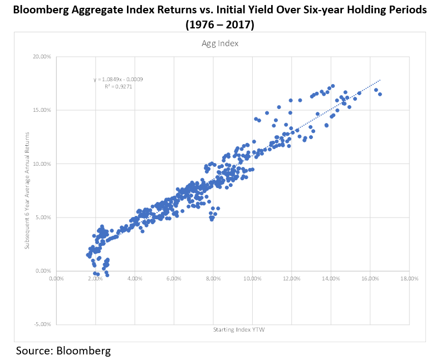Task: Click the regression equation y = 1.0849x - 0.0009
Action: point(118,80)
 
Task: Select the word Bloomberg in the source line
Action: point(84,351)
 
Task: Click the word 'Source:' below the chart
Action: point(35,351)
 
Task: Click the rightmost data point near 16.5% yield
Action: point(380,94)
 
